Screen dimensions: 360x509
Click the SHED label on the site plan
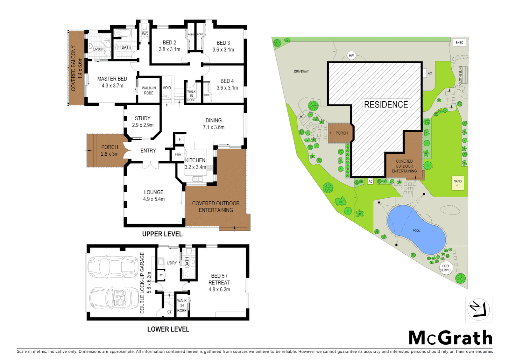(x=459, y=43)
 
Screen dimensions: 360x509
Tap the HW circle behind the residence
(x=351, y=56)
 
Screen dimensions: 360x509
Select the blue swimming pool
(x=416, y=230)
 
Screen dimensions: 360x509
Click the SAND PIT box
(x=458, y=183)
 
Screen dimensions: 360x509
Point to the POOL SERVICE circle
(x=446, y=268)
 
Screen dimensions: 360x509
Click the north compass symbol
(x=478, y=310)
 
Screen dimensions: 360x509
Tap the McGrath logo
(x=450, y=338)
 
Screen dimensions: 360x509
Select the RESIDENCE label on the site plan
(x=386, y=105)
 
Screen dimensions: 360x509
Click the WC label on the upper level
(x=145, y=34)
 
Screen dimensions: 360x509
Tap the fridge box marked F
(x=180, y=139)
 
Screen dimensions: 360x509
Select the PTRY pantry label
(x=178, y=155)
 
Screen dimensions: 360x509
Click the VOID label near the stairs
(x=167, y=88)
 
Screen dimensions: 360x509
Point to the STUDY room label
(x=143, y=118)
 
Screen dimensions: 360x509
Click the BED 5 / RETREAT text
(x=219, y=279)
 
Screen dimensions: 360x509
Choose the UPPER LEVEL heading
(x=162, y=234)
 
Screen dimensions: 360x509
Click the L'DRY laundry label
(x=172, y=263)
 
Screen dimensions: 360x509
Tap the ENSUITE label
(x=99, y=49)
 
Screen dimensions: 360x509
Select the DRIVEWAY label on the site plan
(x=301, y=72)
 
